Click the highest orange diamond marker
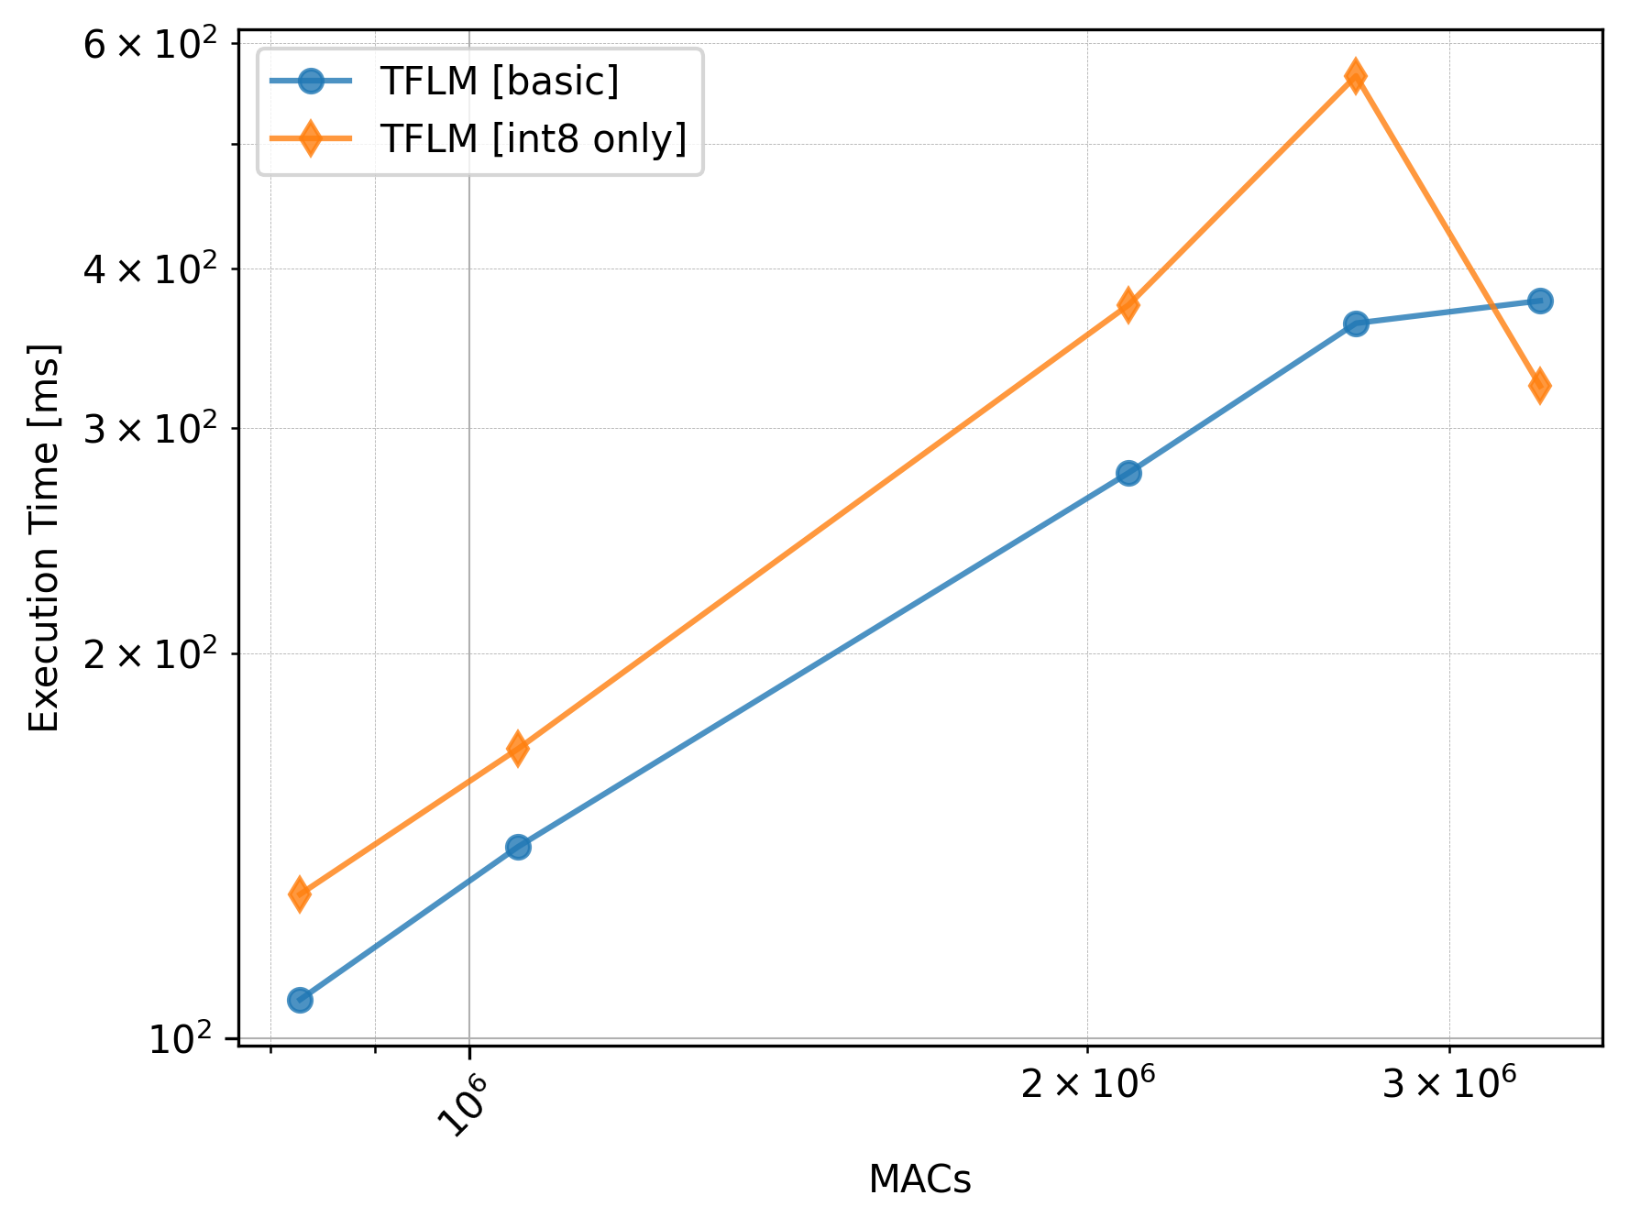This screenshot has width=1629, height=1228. (x=1355, y=76)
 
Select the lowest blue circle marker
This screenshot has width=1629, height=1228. (x=300, y=999)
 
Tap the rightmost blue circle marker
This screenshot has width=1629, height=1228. (x=1540, y=301)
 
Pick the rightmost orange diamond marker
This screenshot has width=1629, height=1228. (x=1540, y=386)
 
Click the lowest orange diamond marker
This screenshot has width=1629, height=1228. (x=300, y=894)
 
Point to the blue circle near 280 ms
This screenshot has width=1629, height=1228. (x=1128, y=473)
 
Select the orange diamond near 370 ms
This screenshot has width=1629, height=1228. (x=1128, y=304)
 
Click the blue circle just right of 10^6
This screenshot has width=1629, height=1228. (x=518, y=846)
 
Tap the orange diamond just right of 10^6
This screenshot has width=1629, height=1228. (x=518, y=748)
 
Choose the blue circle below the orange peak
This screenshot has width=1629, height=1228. (x=1355, y=323)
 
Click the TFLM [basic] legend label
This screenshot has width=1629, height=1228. (x=500, y=82)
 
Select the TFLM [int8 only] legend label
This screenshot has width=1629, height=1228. (x=534, y=139)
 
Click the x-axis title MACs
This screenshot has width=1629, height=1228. (x=919, y=1180)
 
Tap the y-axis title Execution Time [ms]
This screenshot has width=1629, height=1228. (x=44, y=538)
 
